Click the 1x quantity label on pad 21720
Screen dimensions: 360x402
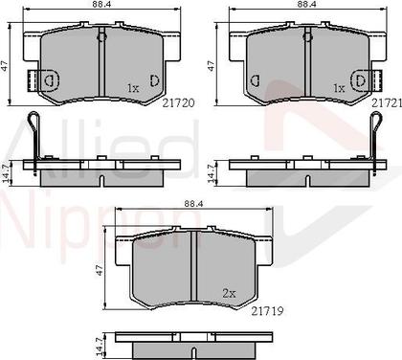(x=133, y=88)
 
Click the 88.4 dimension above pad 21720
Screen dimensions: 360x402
(x=94, y=7)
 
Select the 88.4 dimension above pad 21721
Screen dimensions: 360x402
(x=306, y=7)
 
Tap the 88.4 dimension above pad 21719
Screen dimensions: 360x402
(x=195, y=203)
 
